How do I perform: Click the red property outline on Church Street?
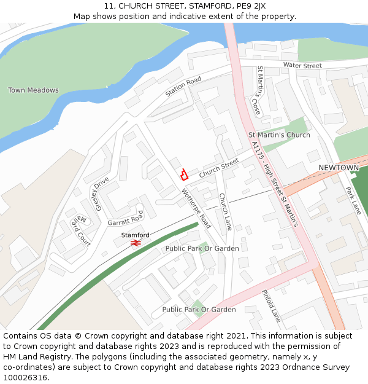pyautogui.click(x=183, y=174)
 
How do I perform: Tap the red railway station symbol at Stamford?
pyautogui.click(x=136, y=243)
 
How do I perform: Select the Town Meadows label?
pyautogui.click(x=33, y=90)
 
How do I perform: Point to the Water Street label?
pyautogui.click(x=302, y=66)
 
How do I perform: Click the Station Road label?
pyautogui.click(x=183, y=87)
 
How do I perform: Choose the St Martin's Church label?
pyautogui.click(x=279, y=135)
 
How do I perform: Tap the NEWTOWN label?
pyautogui.click(x=339, y=168)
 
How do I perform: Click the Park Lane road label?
pyautogui.click(x=353, y=200)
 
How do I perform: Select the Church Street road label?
pyautogui.click(x=218, y=168)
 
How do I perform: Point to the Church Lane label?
pyautogui.click(x=224, y=212)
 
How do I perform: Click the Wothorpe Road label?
pyautogui.click(x=196, y=208)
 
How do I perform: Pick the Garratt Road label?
pyautogui.click(x=125, y=219)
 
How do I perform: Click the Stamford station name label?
pyautogui.click(x=135, y=235)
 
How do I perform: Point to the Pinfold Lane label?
pyautogui.click(x=271, y=306)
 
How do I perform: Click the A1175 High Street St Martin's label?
pyautogui.click(x=275, y=184)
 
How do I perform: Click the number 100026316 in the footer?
pyautogui.click(x=25, y=377)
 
